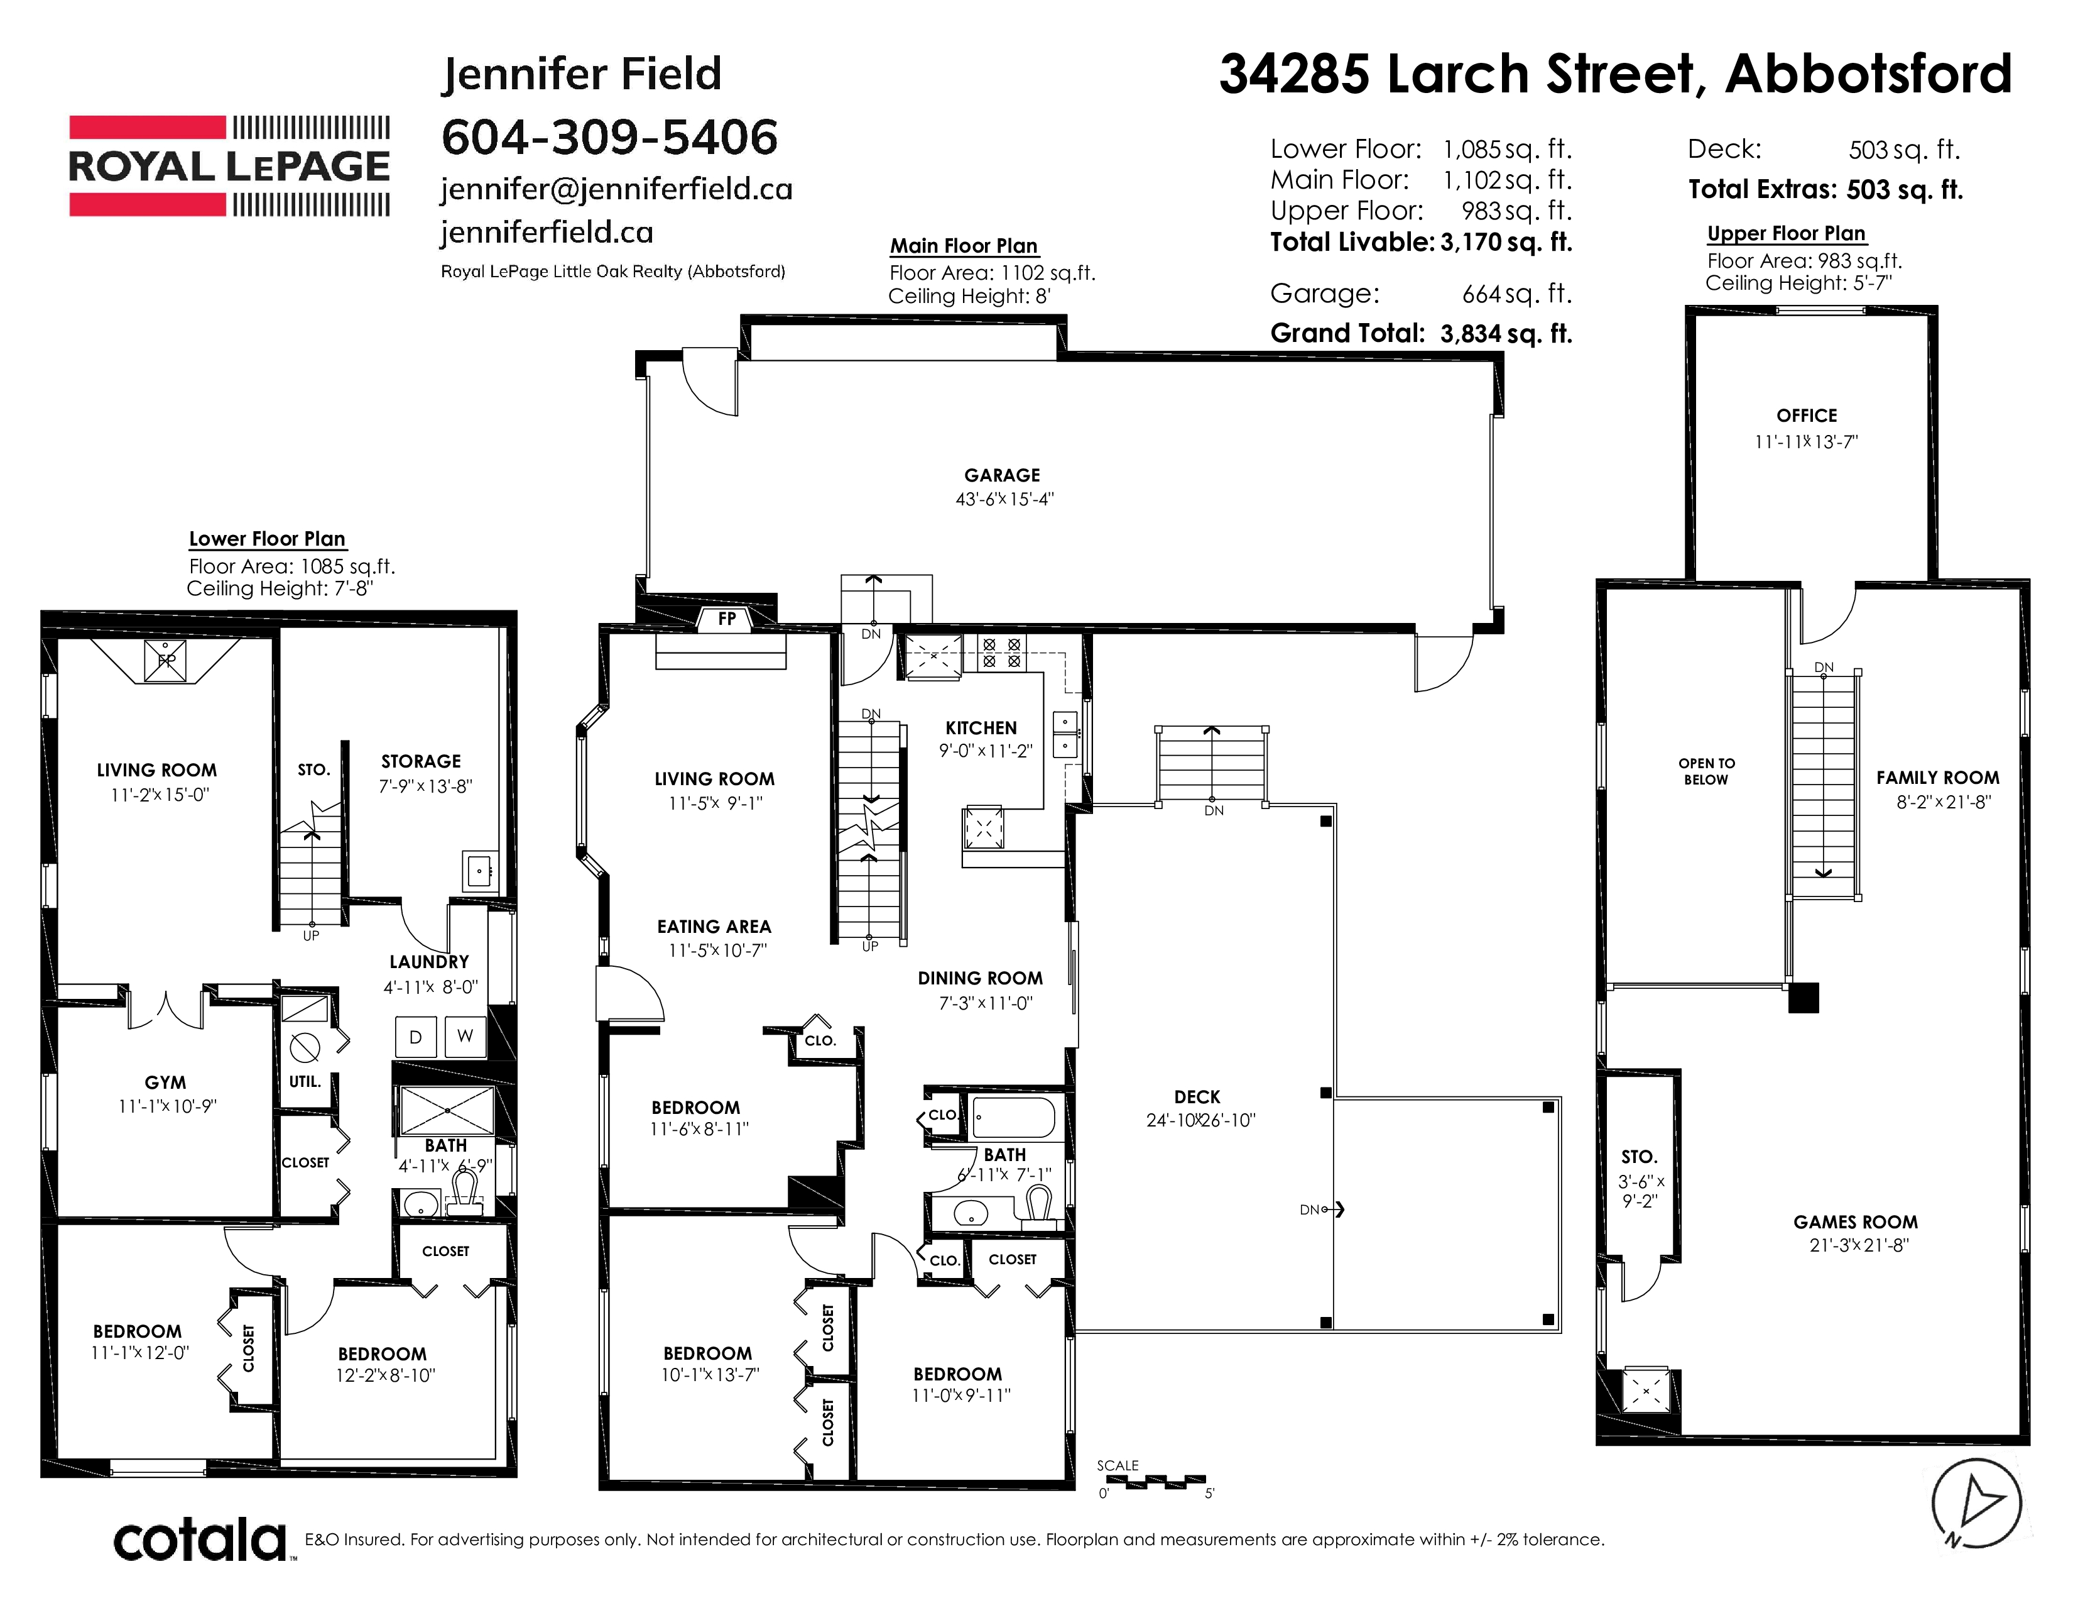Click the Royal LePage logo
click(229, 166)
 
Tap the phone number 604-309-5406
click(609, 138)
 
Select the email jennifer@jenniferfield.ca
click(616, 189)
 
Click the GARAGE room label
click(1003, 475)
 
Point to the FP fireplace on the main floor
click(727, 619)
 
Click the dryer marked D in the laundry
click(415, 1037)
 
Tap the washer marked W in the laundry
click(465, 1036)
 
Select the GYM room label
click(165, 1082)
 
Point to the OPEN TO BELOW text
click(1707, 771)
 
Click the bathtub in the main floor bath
click(1014, 1118)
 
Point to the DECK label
click(1197, 1097)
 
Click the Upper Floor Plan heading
click(1787, 234)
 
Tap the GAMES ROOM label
click(1856, 1222)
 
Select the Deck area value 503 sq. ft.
click(1904, 150)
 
